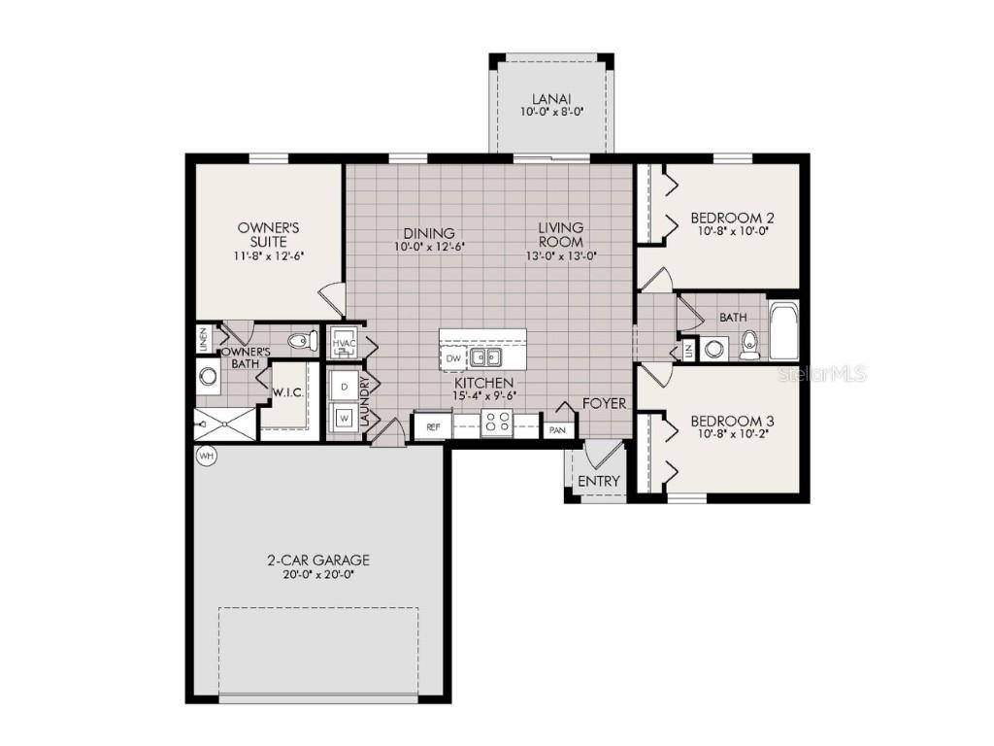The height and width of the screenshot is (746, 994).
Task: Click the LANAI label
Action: tap(550, 99)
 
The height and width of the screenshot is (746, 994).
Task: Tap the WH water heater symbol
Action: tap(206, 455)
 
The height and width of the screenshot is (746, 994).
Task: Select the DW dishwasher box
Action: tap(453, 358)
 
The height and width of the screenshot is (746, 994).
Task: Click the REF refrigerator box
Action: tap(433, 425)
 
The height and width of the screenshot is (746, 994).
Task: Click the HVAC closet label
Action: tap(344, 343)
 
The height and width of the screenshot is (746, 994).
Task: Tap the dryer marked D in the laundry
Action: tap(344, 387)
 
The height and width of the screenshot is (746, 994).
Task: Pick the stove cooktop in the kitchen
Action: tap(497, 423)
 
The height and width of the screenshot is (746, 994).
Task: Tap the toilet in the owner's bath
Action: tap(303, 340)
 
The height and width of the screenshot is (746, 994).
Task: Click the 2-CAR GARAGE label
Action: tap(318, 560)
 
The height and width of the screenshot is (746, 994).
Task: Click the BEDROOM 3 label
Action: tap(732, 421)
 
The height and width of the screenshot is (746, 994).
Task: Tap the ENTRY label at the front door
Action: tap(598, 482)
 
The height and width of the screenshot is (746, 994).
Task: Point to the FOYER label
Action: tap(604, 403)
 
